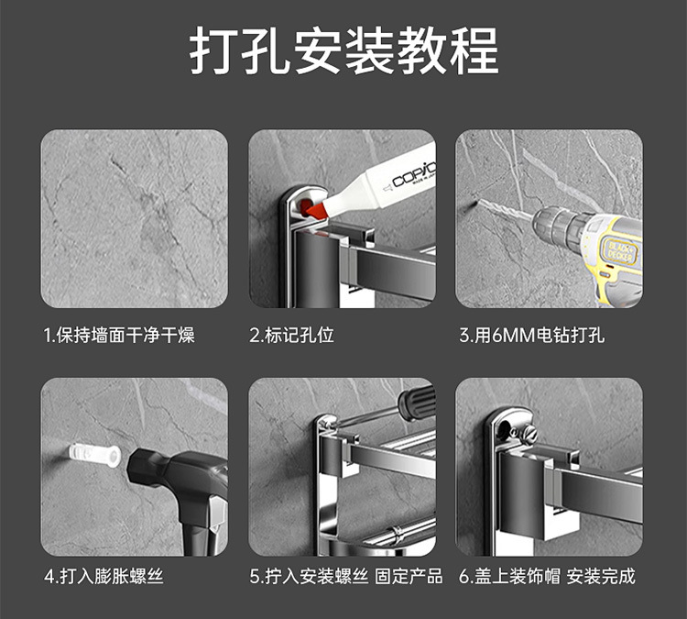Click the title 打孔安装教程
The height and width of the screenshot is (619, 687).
click(343, 50)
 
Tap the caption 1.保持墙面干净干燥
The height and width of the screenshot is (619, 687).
click(119, 335)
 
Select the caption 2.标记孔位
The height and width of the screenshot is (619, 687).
click(291, 335)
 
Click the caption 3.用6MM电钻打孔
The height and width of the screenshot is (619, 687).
click(531, 335)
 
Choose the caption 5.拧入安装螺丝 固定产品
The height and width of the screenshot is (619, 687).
click(345, 576)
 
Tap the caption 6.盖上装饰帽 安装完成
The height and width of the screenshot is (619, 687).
click(547, 576)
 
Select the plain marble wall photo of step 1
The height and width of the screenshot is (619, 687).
click(134, 218)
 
